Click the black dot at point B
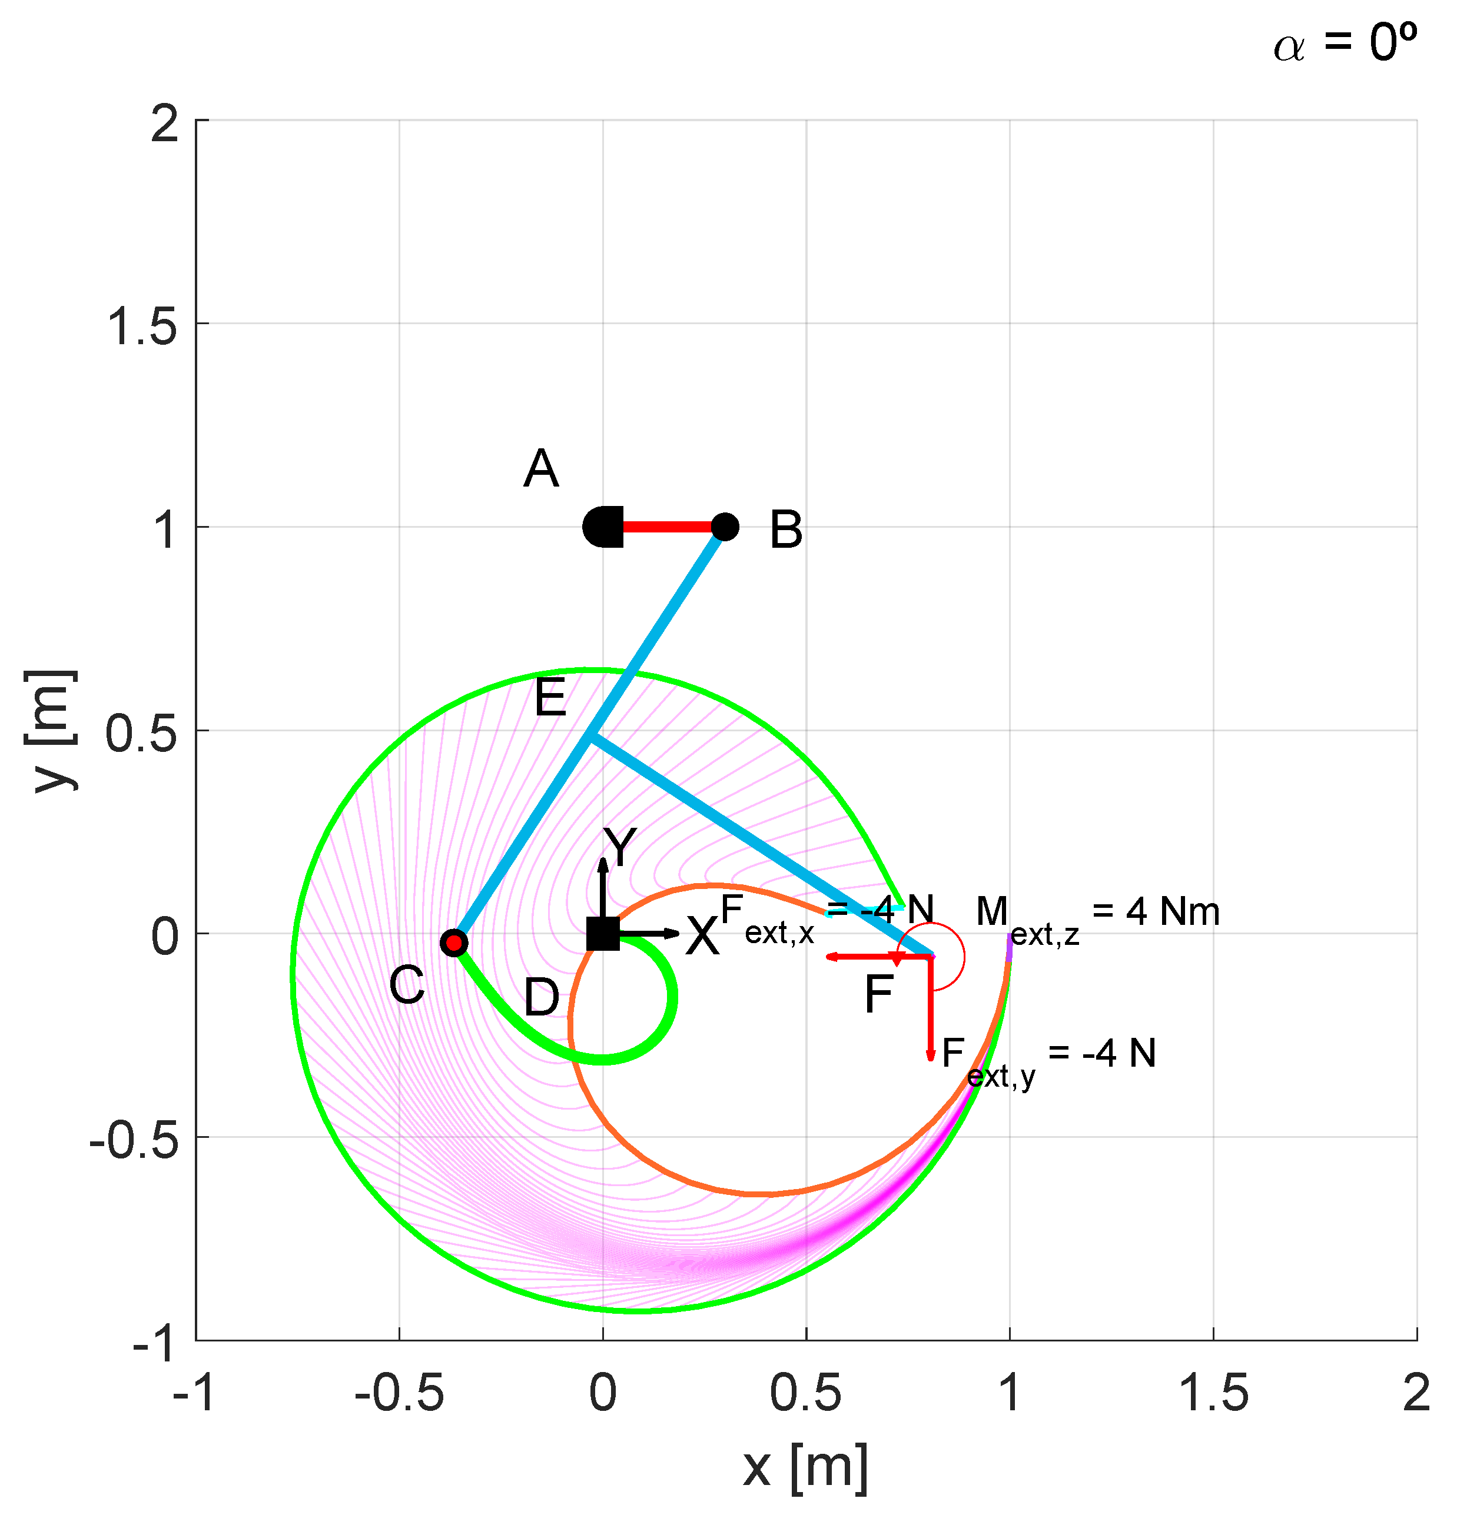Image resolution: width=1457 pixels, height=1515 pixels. point(725,527)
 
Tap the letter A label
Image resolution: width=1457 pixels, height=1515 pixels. point(540,468)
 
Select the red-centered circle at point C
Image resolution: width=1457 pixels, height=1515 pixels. point(454,943)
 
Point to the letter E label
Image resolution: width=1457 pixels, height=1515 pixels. point(550,697)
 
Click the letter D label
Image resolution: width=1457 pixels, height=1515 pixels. point(542,997)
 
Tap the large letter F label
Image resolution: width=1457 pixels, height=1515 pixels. point(878,994)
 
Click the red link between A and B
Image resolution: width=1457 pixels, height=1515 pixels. point(668,527)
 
